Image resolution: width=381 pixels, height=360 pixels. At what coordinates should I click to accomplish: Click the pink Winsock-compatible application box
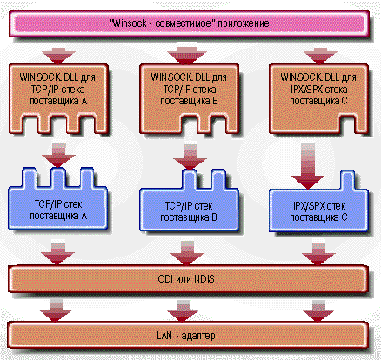point(189,23)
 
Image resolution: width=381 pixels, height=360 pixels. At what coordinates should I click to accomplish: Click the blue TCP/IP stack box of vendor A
point(58,209)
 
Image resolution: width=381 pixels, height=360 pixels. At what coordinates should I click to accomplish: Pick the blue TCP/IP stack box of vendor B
point(189,210)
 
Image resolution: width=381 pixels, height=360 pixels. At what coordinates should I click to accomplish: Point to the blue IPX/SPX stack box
point(318,211)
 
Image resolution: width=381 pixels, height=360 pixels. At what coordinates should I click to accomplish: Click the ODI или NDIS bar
point(187,279)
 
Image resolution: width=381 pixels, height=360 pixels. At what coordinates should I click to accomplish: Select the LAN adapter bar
point(187,335)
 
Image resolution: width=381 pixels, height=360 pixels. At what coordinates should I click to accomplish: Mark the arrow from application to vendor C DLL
point(320,57)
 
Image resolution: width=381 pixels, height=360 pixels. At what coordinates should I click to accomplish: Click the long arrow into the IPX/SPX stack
point(308,166)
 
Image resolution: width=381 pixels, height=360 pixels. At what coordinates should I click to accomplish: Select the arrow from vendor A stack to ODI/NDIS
point(58,253)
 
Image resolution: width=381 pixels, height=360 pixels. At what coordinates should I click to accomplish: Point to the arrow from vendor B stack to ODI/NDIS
point(187,253)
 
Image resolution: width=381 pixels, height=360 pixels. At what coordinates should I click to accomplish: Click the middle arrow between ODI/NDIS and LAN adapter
point(183,311)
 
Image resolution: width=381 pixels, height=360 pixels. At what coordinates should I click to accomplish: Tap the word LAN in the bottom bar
point(164,336)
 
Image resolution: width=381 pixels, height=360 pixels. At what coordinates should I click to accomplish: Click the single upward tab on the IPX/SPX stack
point(347,180)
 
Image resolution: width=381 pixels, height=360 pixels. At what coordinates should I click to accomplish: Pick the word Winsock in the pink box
point(130,23)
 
